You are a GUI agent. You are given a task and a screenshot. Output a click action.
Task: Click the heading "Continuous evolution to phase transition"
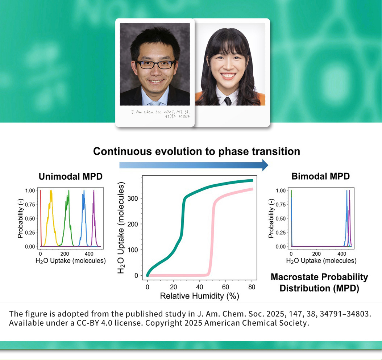[196, 151]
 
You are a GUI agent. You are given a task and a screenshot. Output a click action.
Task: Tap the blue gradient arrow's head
[265, 165]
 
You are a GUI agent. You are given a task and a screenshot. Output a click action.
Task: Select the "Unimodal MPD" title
[70, 176]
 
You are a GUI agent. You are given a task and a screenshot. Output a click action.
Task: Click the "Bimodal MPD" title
[321, 176]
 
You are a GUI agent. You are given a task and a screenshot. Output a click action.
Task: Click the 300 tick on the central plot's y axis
[133, 198]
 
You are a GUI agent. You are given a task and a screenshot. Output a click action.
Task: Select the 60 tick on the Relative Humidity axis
[225, 287]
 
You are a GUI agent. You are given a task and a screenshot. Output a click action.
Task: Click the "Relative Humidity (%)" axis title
[200, 296]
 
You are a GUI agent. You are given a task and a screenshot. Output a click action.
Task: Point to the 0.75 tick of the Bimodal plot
[281, 205]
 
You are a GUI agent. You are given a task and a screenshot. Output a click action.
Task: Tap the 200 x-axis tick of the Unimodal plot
[65, 254]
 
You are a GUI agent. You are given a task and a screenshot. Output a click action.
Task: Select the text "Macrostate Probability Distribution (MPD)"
[319, 282]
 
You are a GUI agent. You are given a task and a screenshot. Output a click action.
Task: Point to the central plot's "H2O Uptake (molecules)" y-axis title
[121, 227]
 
